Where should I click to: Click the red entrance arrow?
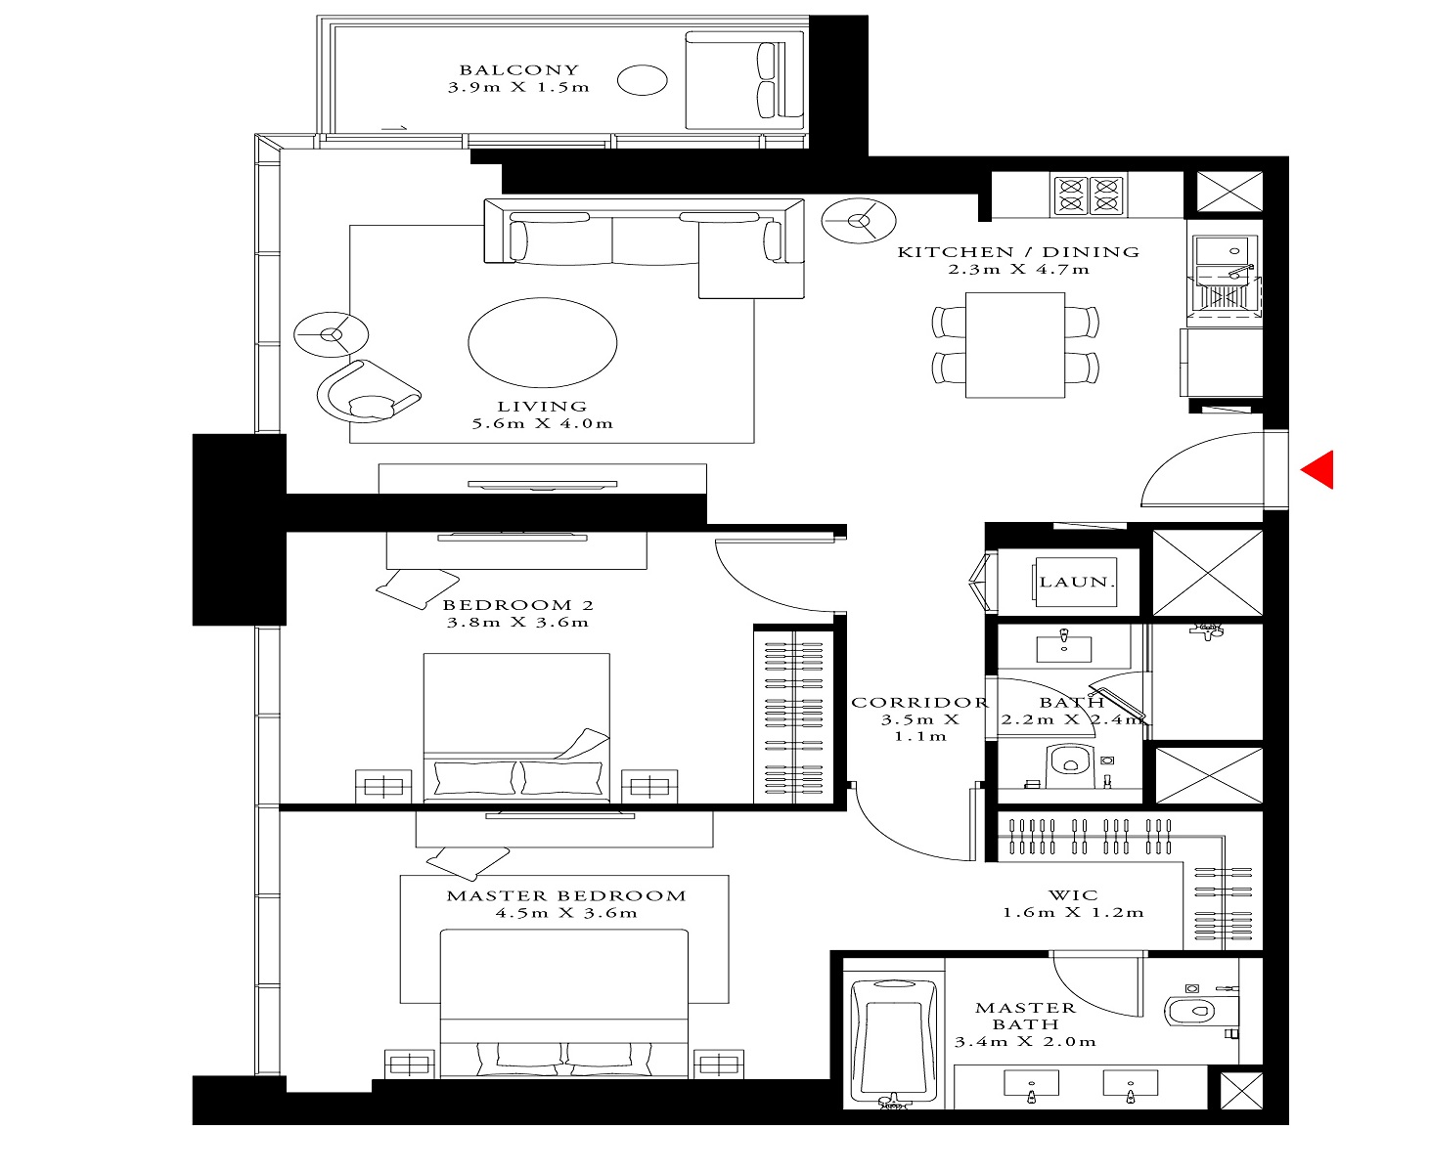[x=1317, y=469]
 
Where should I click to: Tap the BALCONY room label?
[x=518, y=69]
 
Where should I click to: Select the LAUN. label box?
[x=1076, y=583]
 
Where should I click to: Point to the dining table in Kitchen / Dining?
[x=1014, y=345]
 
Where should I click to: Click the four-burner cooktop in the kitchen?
[x=1088, y=195]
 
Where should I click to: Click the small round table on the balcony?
[x=643, y=80]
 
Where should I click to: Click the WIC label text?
[x=1073, y=894]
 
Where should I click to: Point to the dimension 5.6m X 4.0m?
[x=542, y=424]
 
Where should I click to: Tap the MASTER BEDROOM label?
[x=566, y=895]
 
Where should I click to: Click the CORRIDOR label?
[x=918, y=702]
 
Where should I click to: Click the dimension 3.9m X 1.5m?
[x=518, y=87]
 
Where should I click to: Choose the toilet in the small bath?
[x=1069, y=765]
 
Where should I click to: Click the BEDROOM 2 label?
[x=517, y=605]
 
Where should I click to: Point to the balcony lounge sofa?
[x=745, y=80]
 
